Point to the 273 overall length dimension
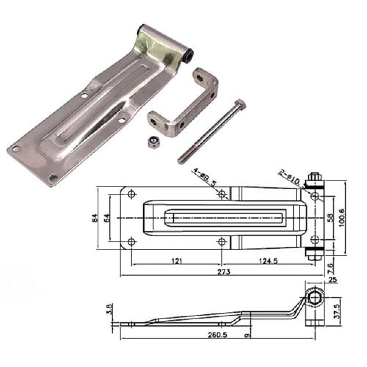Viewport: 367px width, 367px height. click(x=224, y=272)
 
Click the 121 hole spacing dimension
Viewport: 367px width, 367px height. click(x=177, y=261)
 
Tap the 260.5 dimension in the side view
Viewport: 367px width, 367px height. click(x=218, y=335)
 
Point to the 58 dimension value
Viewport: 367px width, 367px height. click(x=330, y=218)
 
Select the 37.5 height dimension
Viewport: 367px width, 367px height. click(x=337, y=311)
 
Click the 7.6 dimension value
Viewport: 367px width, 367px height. click(x=330, y=269)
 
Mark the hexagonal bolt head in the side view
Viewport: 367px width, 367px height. click(x=315, y=298)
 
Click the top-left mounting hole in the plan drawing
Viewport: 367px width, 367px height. click(x=131, y=194)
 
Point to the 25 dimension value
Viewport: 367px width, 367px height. click(x=332, y=279)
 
